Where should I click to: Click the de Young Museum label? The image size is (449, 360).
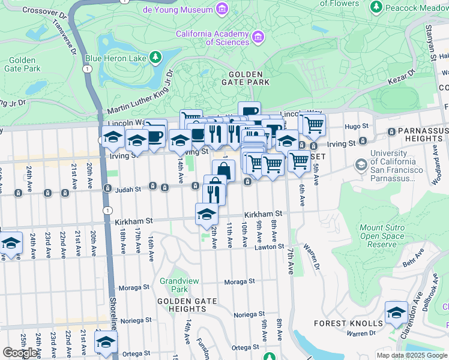pos(177,10)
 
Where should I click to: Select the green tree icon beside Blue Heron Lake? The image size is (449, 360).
pos(156,58)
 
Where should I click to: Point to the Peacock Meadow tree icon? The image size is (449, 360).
pos(376,7)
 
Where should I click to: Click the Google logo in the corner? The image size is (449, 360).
pos(20,353)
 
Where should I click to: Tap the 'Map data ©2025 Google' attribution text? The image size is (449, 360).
pos(412,355)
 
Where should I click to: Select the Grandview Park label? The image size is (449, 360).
pos(173,285)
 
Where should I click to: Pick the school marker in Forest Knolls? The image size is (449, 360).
pos(396,313)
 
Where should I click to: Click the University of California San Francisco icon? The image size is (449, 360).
pos(361,164)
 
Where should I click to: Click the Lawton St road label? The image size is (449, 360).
pos(268,247)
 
